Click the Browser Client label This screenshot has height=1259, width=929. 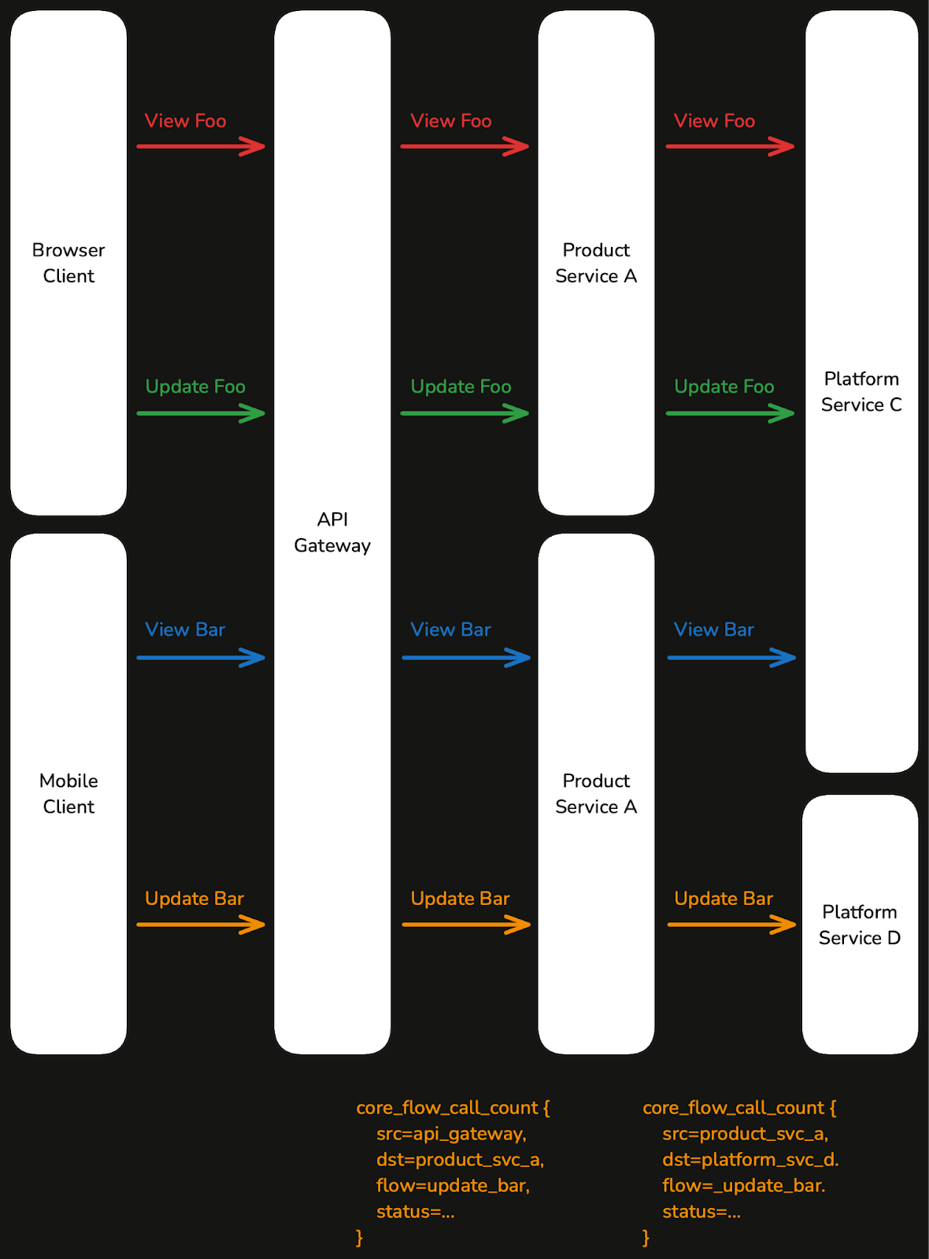(68, 263)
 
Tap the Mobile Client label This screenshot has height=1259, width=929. (68, 793)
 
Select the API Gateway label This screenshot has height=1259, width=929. (332, 532)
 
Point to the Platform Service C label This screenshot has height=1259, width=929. (861, 392)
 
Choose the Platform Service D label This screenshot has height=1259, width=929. (860, 925)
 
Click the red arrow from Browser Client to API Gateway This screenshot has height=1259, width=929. (201, 146)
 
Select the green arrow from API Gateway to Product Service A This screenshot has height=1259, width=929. (464, 413)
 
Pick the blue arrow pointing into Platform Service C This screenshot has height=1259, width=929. (731, 657)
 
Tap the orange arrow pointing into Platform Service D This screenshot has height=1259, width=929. (731, 925)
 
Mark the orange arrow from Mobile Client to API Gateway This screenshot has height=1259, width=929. (201, 925)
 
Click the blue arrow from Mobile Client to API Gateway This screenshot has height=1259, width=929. (201, 657)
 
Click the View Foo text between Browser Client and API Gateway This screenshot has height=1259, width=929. (186, 121)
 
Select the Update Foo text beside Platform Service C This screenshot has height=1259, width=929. (724, 387)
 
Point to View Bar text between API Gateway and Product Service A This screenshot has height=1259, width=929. (450, 629)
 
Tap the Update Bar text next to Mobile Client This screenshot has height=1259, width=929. (194, 899)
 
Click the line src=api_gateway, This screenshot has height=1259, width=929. (451, 1134)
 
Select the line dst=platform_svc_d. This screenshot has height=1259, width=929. (750, 1160)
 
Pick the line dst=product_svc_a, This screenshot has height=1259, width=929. (460, 1160)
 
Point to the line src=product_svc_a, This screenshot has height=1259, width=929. (745, 1134)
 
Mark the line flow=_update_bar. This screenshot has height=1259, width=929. (743, 1186)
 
